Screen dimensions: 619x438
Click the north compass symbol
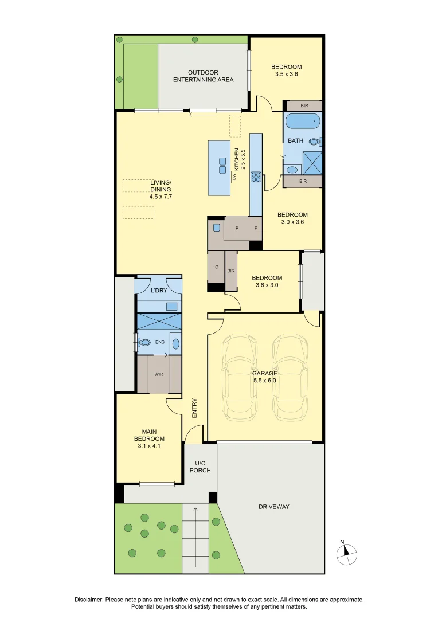(346, 552)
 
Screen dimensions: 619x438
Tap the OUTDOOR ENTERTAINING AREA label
(204, 76)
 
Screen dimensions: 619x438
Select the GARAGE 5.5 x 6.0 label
(265, 377)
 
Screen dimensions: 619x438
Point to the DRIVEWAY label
(273, 507)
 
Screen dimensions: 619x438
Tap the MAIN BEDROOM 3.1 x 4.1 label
(149, 438)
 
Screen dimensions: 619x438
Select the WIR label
(159, 374)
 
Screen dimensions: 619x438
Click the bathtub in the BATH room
(302, 122)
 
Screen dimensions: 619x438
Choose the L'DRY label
(158, 291)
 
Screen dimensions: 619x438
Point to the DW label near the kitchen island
(234, 177)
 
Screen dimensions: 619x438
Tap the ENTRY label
(194, 408)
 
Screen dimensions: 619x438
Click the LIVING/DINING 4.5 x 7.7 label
(161, 189)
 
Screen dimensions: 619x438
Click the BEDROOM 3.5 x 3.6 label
(286, 70)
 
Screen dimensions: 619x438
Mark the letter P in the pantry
(237, 229)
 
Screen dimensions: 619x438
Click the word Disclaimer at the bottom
(89, 600)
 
